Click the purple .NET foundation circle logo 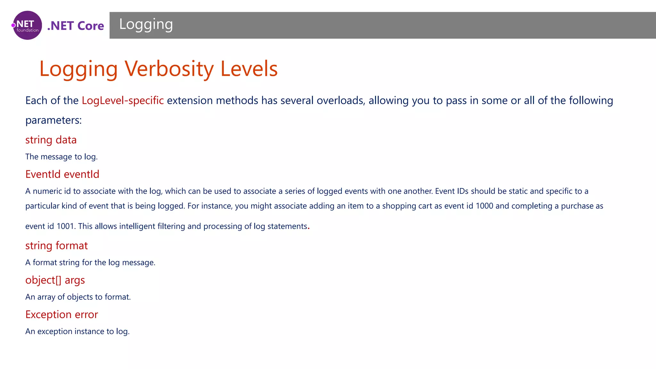pyautogui.click(x=28, y=25)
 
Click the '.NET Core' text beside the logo pyautogui.click(x=76, y=26)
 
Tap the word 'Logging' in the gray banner pyautogui.click(x=146, y=24)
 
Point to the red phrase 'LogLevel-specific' pyautogui.click(x=123, y=101)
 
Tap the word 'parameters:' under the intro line pyautogui.click(x=53, y=120)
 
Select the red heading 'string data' pyautogui.click(x=51, y=140)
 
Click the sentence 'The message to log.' pyautogui.click(x=61, y=157)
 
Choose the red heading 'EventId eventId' pyautogui.click(x=62, y=174)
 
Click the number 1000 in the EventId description pyautogui.click(x=484, y=206)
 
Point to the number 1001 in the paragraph pyautogui.click(x=65, y=226)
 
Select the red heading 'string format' pyautogui.click(x=56, y=246)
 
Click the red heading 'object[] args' pyautogui.click(x=55, y=280)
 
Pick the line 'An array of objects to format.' pyautogui.click(x=78, y=297)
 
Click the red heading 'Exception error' pyautogui.click(x=61, y=315)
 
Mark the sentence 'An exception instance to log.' pyautogui.click(x=78, y=332)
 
